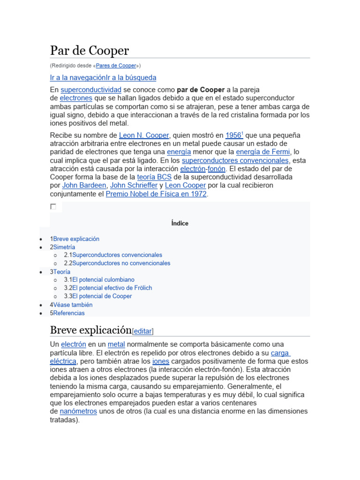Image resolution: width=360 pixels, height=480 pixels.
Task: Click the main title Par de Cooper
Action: tap(89, 50)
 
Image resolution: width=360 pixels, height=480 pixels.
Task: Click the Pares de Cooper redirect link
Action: tap(116, 66)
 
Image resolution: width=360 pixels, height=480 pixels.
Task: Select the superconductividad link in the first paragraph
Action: tap(91, 90)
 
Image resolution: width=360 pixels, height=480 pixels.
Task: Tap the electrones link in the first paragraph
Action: tap(76, 98)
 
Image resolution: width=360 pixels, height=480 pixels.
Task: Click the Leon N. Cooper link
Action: tap(144, 135)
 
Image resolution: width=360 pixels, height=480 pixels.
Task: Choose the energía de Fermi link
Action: tap(263, 152)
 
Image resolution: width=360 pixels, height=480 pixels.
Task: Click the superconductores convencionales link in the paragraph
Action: tap(235, 160)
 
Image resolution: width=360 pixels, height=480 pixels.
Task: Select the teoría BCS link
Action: tap(154, 177)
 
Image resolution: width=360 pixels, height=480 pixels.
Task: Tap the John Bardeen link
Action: tap(84, 186)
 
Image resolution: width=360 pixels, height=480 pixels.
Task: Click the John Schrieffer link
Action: tap(134, 186)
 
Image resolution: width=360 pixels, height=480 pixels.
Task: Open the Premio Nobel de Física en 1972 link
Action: tap(156, 194)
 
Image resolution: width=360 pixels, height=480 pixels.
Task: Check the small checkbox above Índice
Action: tap(53, 207)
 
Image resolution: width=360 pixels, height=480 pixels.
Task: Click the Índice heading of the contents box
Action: tap(180, 224)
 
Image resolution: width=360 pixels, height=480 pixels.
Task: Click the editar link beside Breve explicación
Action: tap(143, 331)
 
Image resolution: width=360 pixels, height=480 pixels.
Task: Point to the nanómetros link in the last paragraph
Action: tap(78, 412)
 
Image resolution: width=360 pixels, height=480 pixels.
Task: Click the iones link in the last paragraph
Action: tap(161, 361)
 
